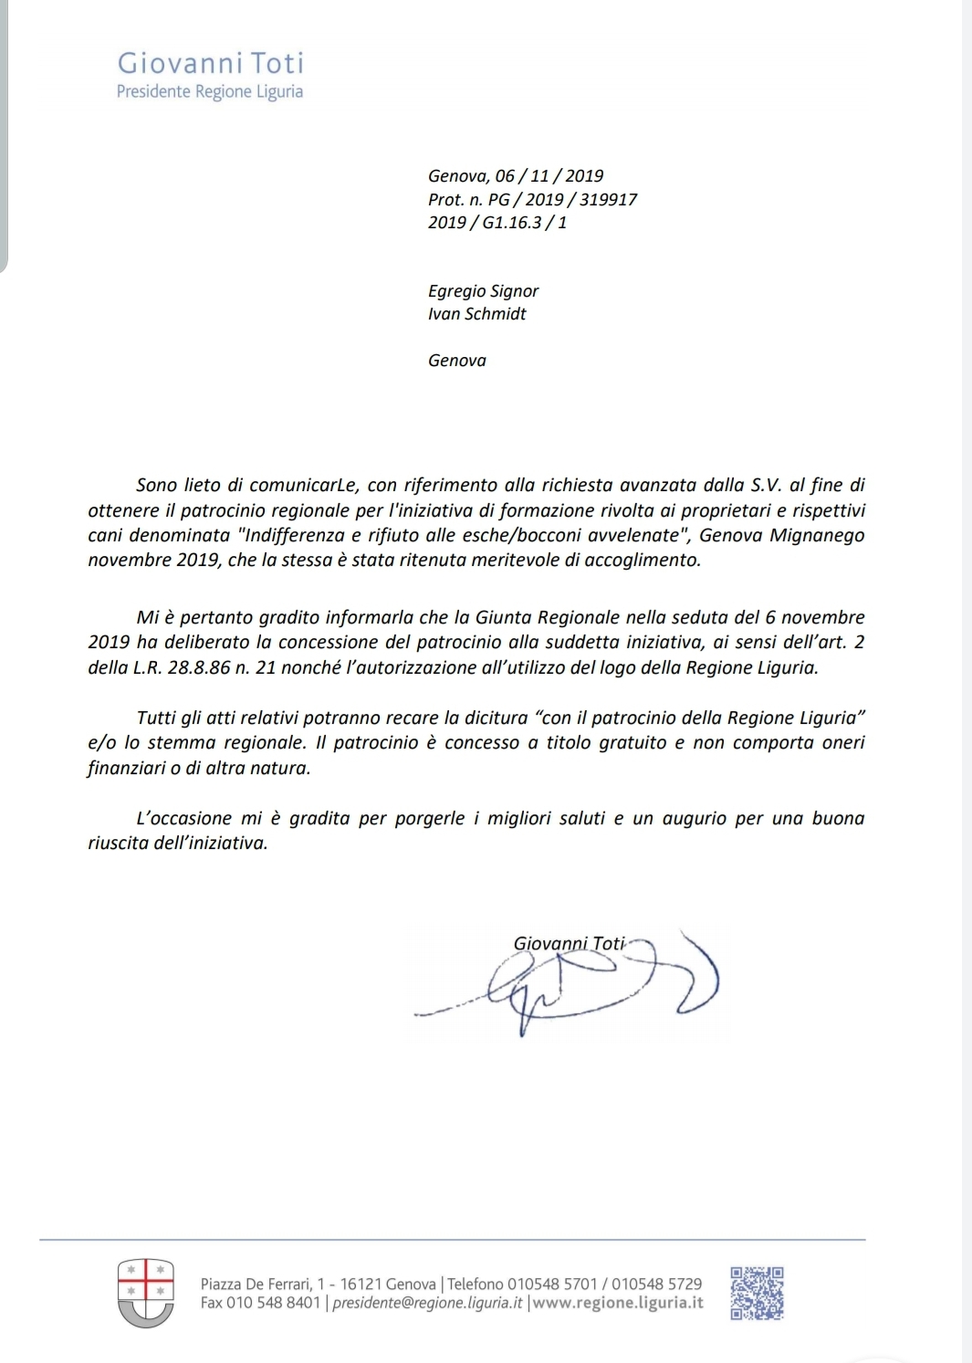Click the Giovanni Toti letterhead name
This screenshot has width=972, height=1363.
[210, 63]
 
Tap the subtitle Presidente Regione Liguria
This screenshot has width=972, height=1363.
[209, 91]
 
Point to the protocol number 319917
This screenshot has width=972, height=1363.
[608, 199]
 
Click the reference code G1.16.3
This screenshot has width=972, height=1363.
[511, 223]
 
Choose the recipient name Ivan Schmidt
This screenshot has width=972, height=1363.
[476, 314]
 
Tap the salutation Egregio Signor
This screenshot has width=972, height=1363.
[483, 291]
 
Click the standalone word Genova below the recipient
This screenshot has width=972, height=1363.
[456, 361]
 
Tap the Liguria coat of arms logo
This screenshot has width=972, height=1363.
[146, 1292]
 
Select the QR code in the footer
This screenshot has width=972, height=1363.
[757, 1293]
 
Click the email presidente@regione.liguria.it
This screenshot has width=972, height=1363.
[427, 1303]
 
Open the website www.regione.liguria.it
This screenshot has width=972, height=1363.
[618, 1303]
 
